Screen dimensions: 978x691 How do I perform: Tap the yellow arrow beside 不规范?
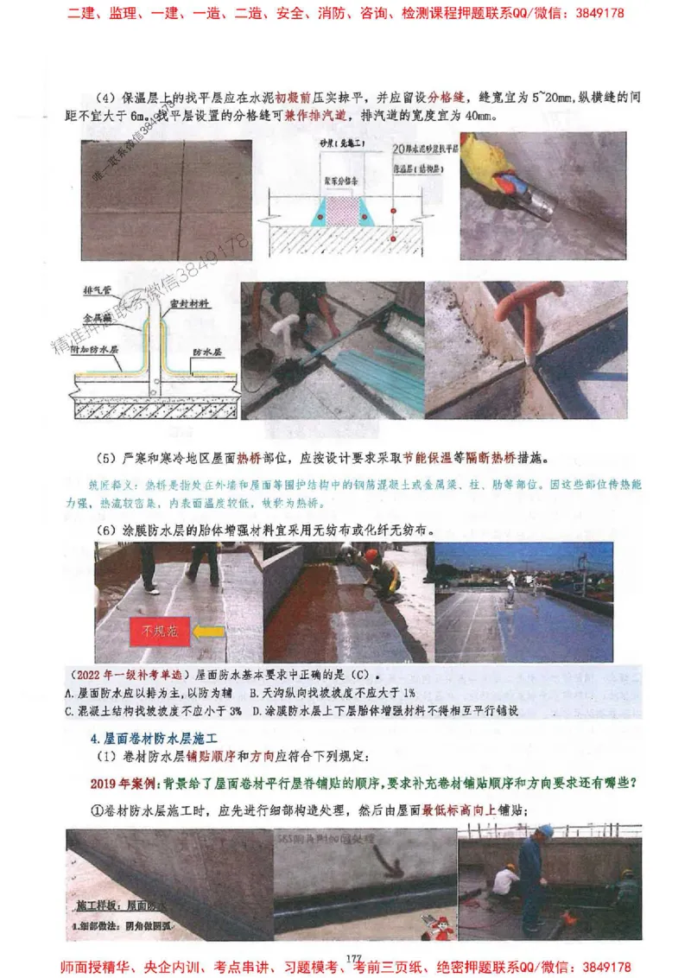click(x=207, y=632)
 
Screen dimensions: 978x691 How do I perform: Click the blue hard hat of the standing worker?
click(x=545, y=831)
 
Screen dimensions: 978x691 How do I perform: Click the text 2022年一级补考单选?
click(x=129, y=673)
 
